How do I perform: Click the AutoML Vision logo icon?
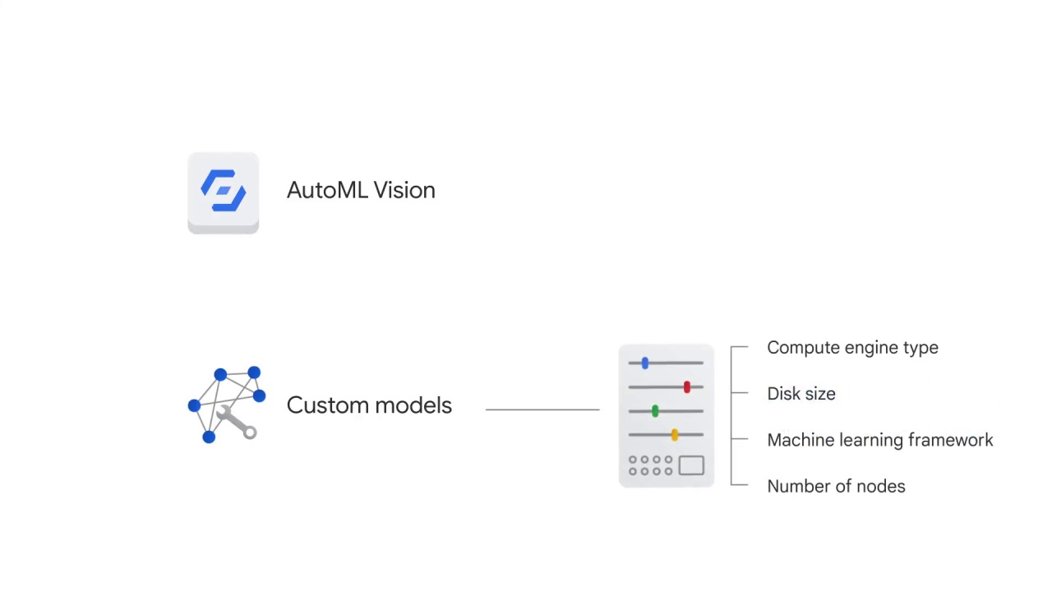tap(223, 192)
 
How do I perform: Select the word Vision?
tap(404, 190)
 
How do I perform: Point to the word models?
tap(415, 405)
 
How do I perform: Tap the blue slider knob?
tap(645, 363)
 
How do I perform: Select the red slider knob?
tap(687, 386)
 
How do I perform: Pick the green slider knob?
tap(655, 410)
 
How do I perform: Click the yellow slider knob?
tap(675, 434)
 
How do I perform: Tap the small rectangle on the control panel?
tap(691, 465)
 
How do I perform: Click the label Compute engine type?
tap(852, 348)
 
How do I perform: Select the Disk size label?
tap(801, 394)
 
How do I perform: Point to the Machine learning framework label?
tap(879, 440)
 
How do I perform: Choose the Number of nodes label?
tap(836, 486)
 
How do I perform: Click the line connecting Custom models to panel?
tap(542, 409)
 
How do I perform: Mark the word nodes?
tap(880, 486)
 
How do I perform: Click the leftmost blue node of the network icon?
tap(194, 405)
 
